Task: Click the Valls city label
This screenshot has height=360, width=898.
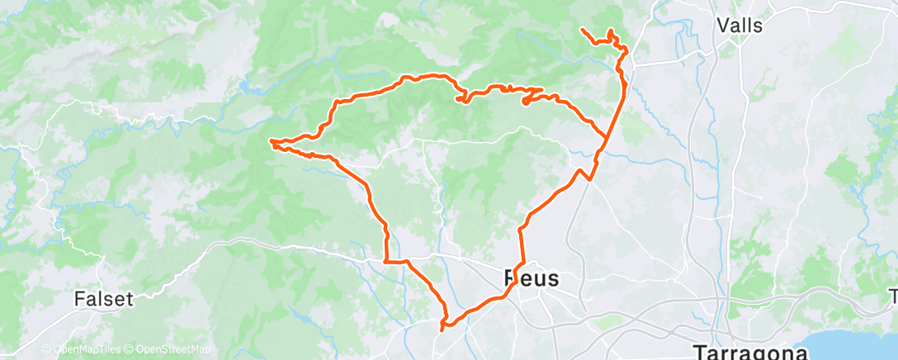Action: [x=740, y=26]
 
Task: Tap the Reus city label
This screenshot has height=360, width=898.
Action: [x=531, y=278]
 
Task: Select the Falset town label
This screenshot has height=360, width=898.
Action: [x=103, y=299]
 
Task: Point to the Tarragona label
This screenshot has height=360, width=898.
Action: [x=750, y=351]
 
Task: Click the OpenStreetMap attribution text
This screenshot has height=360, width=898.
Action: [x=174, y=350]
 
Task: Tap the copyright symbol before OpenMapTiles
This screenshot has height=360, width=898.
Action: [x=46, y=350]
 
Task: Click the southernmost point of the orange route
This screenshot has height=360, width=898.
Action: [x=444, y=329]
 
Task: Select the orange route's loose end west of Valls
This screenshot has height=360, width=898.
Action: [x=583, y=30]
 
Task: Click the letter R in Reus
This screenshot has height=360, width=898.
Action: [x=511, y=278]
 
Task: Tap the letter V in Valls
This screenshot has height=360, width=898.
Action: [x=723, y=26]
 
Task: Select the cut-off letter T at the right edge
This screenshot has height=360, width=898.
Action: [x=893, y=295]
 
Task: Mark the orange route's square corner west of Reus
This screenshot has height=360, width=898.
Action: [x=386, y=261]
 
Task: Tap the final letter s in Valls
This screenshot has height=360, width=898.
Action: [x=757, y=26]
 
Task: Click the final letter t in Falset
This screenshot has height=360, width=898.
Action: [x=130, y=299]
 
